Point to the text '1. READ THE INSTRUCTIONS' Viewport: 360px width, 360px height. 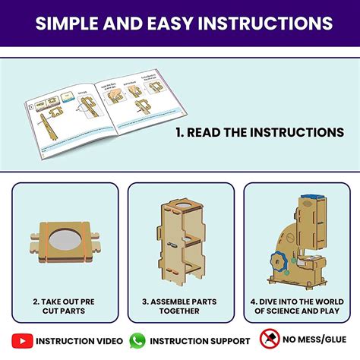coord(260,132)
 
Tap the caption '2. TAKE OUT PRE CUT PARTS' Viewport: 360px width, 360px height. coord(65,306)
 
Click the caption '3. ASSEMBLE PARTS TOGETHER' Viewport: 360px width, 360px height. coord(179,305)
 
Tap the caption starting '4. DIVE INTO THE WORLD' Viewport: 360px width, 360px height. coord(295,305)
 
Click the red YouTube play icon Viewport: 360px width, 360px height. coord(24,341)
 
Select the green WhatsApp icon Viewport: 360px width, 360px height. coord(137,341)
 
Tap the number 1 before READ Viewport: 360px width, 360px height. coord(179,132)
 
